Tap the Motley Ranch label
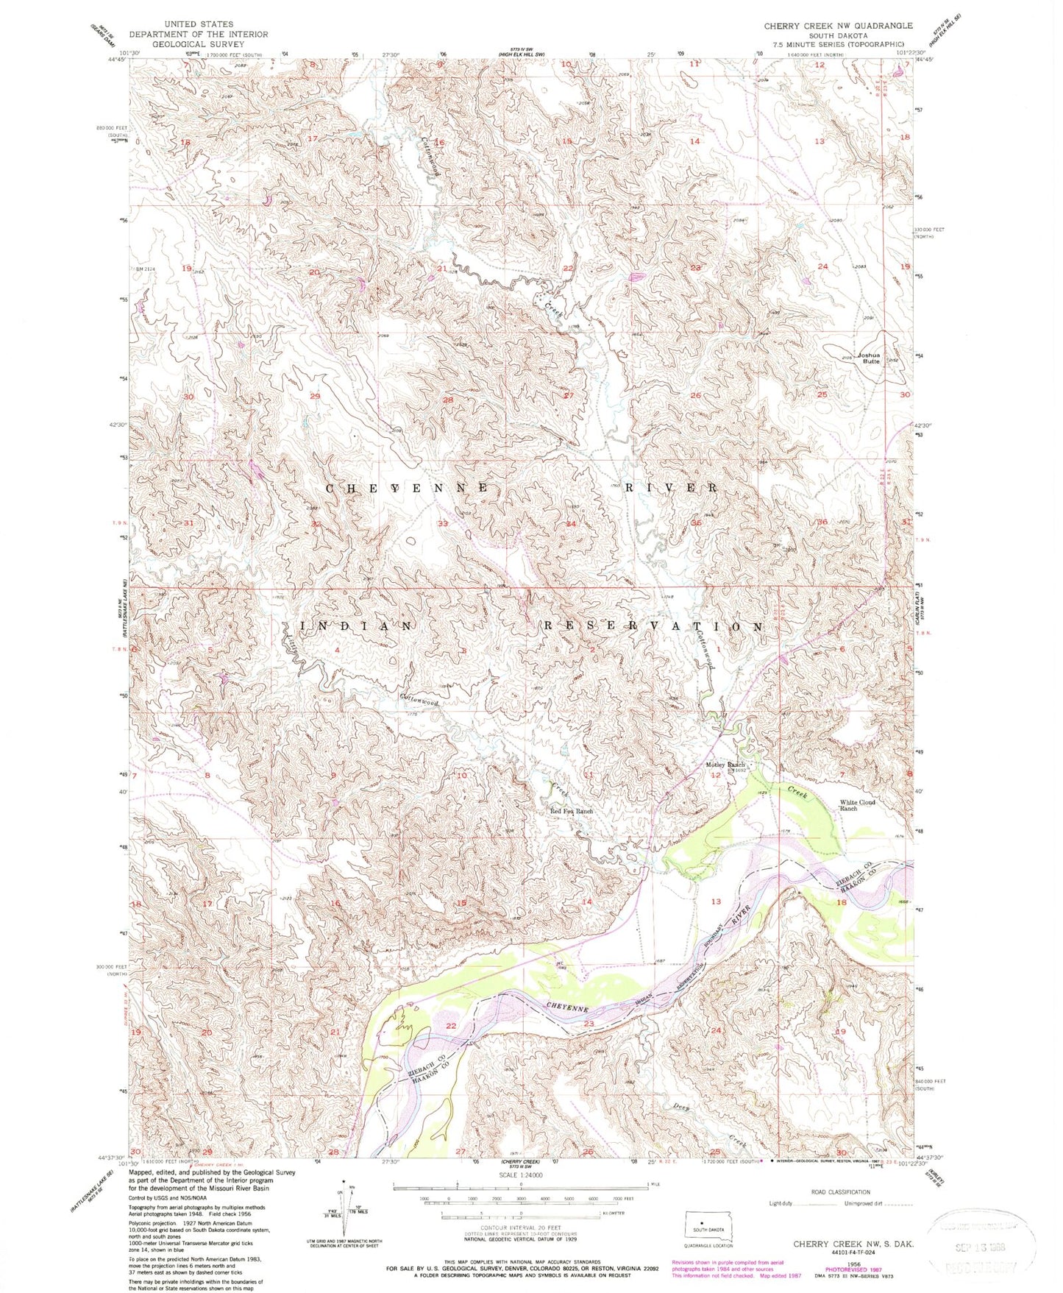[726, 765]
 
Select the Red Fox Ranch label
[572, 811]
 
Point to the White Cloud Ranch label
[858, 805]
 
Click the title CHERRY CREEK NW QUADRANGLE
[838, 26]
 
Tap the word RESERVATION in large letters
[653, 626]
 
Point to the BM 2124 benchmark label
[146, 269]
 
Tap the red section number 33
[443, 524]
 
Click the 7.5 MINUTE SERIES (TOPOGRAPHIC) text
[838, 44]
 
